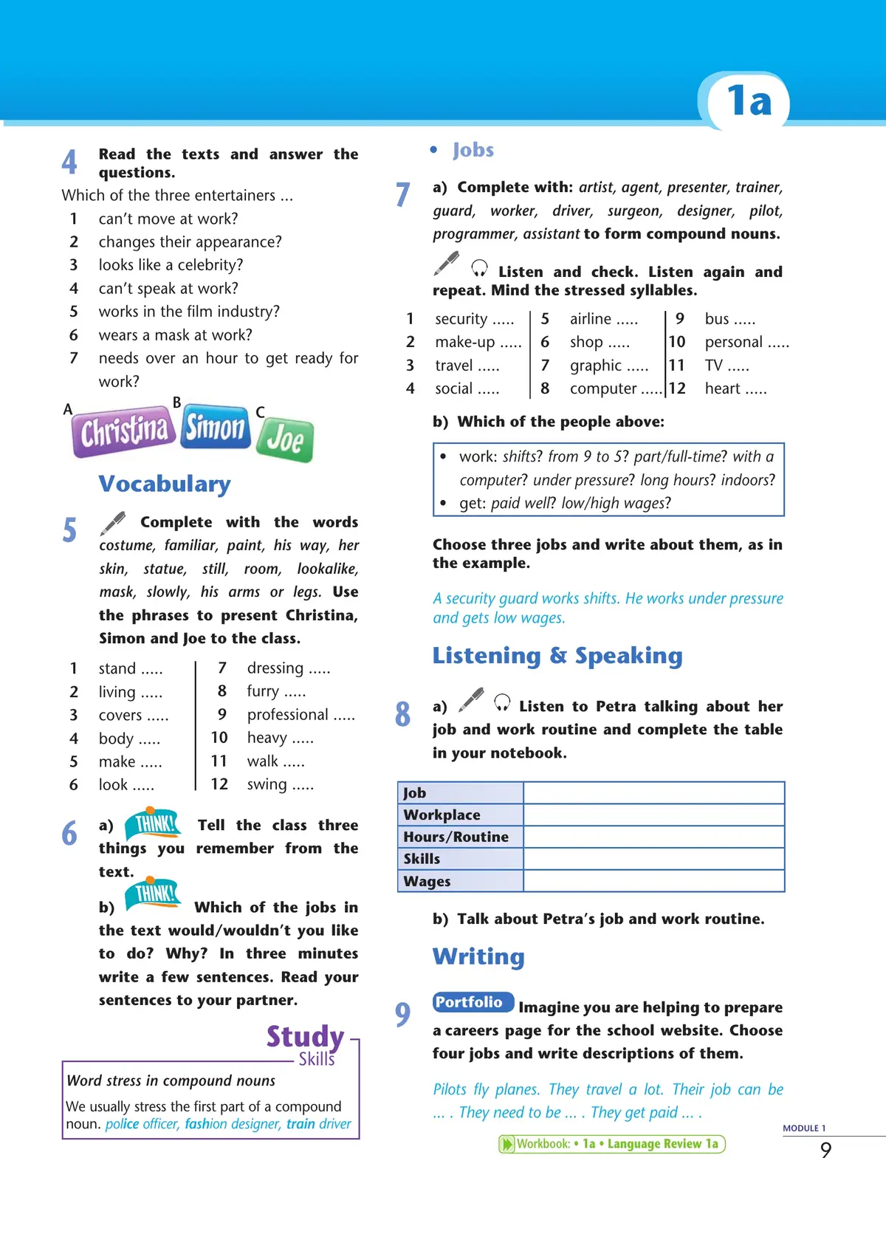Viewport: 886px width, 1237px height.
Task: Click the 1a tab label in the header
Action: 749,100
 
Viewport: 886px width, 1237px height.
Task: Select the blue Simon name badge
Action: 215,427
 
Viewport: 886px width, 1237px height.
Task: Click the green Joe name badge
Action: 285,439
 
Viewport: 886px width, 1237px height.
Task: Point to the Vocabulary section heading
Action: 165,484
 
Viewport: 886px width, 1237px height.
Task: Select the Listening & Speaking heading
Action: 557,656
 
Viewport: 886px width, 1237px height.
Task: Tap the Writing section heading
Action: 478,956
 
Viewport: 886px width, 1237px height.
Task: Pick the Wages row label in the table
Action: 427,881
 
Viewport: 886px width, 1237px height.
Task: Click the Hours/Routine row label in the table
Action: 456,837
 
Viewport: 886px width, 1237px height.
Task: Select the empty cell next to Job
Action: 653,793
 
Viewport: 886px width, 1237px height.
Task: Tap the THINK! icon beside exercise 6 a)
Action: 154,823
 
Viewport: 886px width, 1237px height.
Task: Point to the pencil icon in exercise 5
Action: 113,523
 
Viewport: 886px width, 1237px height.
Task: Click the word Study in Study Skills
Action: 305,1036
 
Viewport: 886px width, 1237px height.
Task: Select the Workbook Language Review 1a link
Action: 612,1144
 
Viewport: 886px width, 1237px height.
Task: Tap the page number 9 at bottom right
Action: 825,1150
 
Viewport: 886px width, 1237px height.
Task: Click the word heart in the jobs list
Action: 722,388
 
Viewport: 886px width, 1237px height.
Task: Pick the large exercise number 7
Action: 402,194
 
